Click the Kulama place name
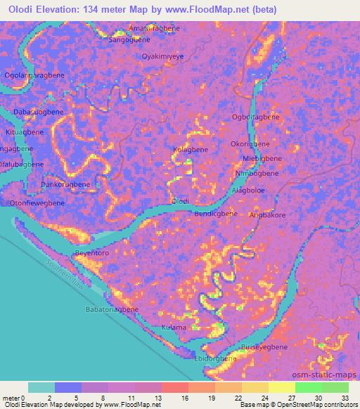173,327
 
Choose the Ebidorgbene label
214,359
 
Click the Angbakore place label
268,216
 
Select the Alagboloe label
252,189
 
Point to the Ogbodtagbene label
255,117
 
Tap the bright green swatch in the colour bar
309,387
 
